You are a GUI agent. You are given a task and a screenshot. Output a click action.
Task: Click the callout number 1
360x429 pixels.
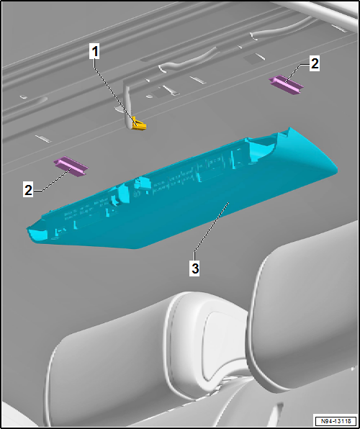coord(94,51)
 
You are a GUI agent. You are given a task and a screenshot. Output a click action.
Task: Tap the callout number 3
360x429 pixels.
coord(194,268)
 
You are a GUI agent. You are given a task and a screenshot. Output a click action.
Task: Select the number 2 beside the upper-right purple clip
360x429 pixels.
coord(314,64)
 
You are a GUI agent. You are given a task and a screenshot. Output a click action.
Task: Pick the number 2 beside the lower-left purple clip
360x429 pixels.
coord(28,191)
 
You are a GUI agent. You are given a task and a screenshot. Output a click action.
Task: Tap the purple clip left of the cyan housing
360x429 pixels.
coord(72,166)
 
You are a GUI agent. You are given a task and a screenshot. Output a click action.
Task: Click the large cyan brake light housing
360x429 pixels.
coord(180,194)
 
